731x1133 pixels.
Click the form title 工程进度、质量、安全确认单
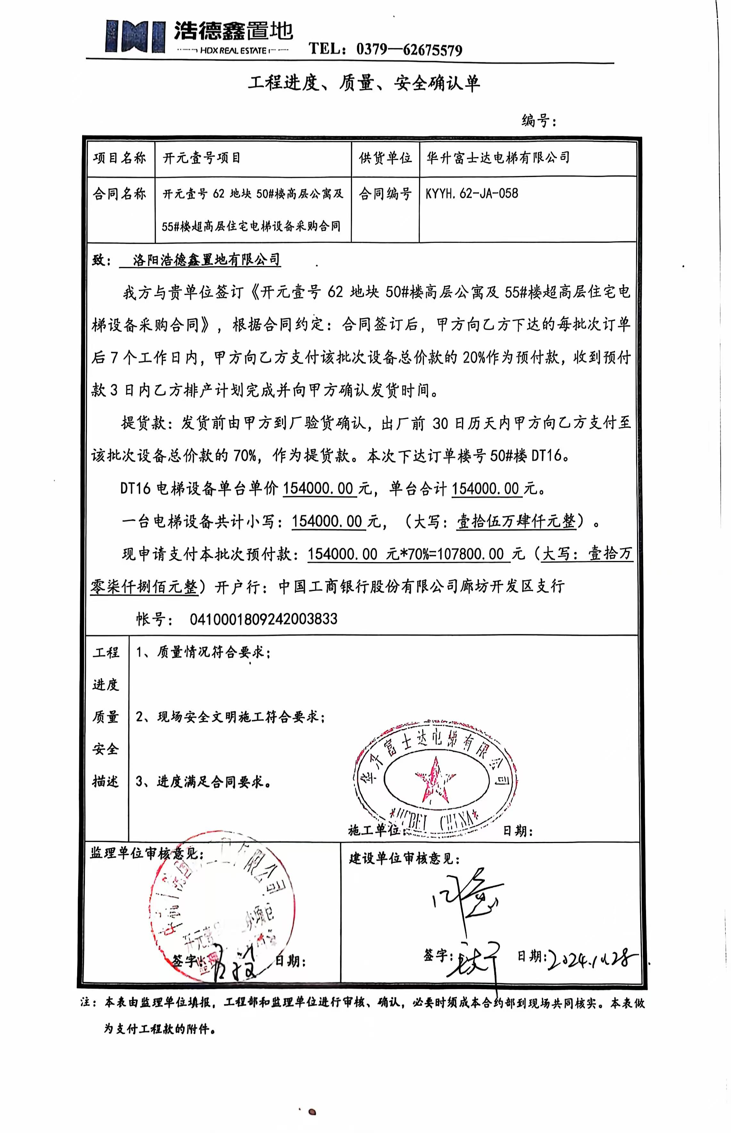click(x=364, y=83)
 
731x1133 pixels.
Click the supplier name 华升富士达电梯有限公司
click(x=498, y=158)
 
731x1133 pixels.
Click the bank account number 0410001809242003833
click(x=264, y=619)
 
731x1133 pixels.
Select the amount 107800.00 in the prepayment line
click(x=470, y=554)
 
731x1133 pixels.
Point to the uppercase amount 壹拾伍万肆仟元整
click(x=516, y=522)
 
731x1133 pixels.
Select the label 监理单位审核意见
click(x=147, y=854)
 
